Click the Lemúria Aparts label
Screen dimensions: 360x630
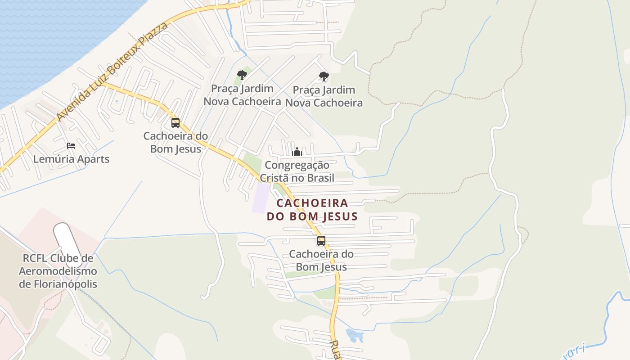tap(71, 159)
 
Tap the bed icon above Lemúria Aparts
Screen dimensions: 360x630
tap(71, 145)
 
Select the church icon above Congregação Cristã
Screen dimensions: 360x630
tap(297, 152)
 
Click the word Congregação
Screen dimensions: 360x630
tap(297, 165)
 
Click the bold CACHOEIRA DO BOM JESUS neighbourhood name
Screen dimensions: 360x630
tap(312, 210)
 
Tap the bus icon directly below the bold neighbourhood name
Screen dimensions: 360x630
tap(321, 241)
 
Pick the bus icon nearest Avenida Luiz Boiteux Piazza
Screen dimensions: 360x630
tap(175, 122)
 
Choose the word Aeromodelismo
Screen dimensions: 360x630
tap(58, 271)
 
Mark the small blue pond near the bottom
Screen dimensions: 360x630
tap(355, 335)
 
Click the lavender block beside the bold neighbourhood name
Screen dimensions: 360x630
tap(261, 198)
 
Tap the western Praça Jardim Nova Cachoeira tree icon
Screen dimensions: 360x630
tap(242, 75)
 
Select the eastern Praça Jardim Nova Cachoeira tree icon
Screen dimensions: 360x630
tap(324, 76)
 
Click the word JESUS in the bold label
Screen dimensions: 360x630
tap(340, 216)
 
